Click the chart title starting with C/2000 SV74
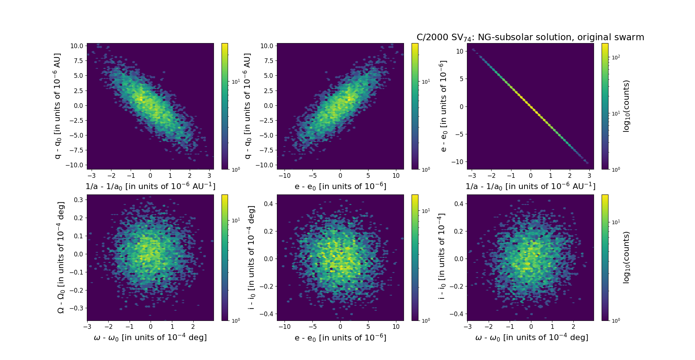pos(530,37)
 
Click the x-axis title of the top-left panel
pos(150,186)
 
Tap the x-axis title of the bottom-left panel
pos(150,338)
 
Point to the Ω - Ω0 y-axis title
pos(61,258)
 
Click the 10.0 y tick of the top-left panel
pos(77,46)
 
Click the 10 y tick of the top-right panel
pos(460,51)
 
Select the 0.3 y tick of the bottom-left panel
pos(79,200)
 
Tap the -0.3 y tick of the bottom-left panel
pos(77,308)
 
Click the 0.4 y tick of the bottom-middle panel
pos(268,204)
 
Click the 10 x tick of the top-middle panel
pos(396,176)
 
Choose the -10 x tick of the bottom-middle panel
pos(285,327)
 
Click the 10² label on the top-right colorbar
pos(615,57)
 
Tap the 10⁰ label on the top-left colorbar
pos(236,169)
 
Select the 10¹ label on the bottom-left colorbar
pos(236,220)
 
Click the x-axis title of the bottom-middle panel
pos(340,338)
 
